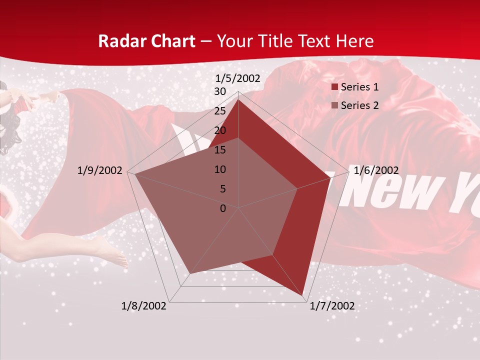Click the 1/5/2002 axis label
click(238, 78)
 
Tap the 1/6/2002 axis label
click(376, 170)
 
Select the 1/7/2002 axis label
click(332, 306)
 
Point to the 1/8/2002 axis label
click(144, 306)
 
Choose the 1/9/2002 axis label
click(100, 170)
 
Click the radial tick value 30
click(220, 91)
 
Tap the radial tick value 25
click(220, 111)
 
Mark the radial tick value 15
click(220, 150)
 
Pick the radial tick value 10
click(220, 169)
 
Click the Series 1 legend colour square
click(334, 87)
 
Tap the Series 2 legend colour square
click(334, 105)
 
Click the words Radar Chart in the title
click(146, 41)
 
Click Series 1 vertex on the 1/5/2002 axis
click(238, 100)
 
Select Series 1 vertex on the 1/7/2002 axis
click(303, 296)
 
